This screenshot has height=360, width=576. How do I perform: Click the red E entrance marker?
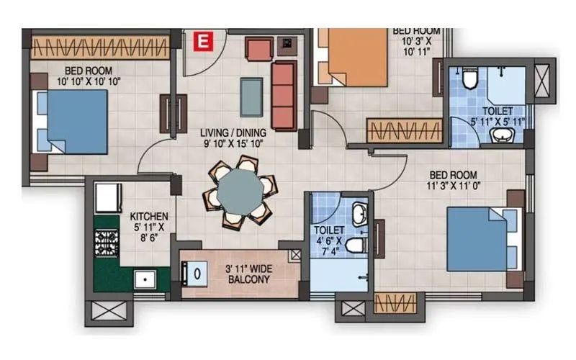coord(204,42)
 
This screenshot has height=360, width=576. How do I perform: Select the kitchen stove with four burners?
coord(107,242)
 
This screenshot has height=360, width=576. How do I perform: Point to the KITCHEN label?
coord(149,216)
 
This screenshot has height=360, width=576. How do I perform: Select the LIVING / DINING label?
coord(233,132)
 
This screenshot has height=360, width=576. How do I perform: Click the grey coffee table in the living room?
coord(251,96)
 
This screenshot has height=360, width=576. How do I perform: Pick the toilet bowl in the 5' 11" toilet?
coord(470,78)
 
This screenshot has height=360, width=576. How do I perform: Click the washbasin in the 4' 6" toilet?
coord(359,213)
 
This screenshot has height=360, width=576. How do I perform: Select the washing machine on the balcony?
coord(194,274)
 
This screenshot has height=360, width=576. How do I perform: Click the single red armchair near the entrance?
coord(258,49)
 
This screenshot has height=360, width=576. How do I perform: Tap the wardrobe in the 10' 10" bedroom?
coord(100,48)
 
